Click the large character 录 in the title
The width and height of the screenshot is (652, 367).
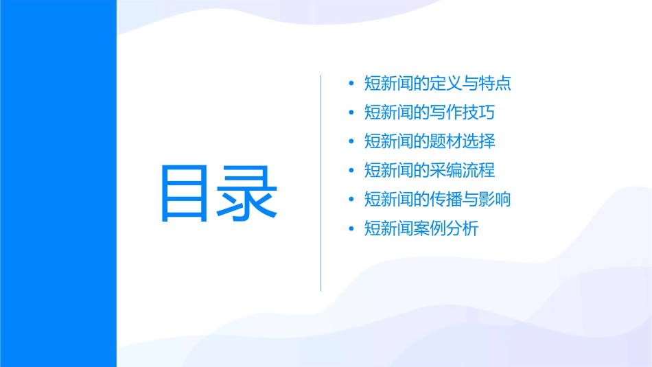tap(248, 193)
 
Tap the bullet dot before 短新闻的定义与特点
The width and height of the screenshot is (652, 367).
tap(351, 84)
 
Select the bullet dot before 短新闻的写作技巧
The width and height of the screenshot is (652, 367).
tap(351, 113)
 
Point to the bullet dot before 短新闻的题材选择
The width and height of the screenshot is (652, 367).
tap(351, 142)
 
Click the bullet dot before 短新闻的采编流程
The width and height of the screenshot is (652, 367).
tap(351, 171)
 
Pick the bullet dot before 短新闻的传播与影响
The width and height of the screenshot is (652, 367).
tap(351, 200)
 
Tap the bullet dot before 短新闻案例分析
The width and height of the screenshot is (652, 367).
tap(351, 228)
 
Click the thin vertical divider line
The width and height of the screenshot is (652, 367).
tap(321, 183)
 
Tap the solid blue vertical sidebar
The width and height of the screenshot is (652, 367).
tap(58, 183)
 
